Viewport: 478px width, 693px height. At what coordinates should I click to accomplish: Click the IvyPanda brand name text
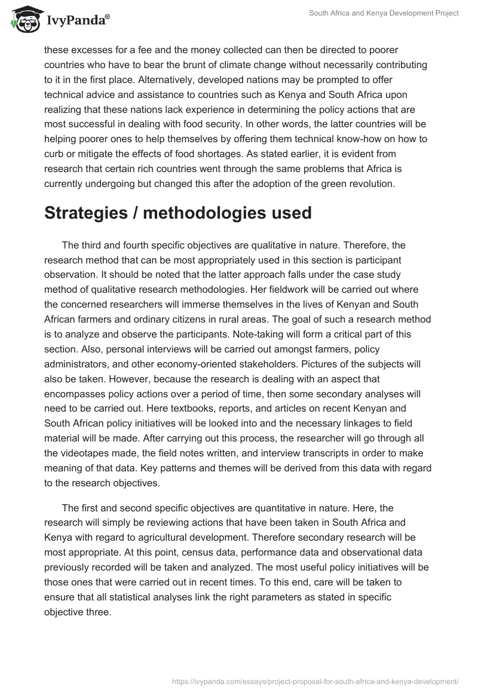click(x=77, y=22)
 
